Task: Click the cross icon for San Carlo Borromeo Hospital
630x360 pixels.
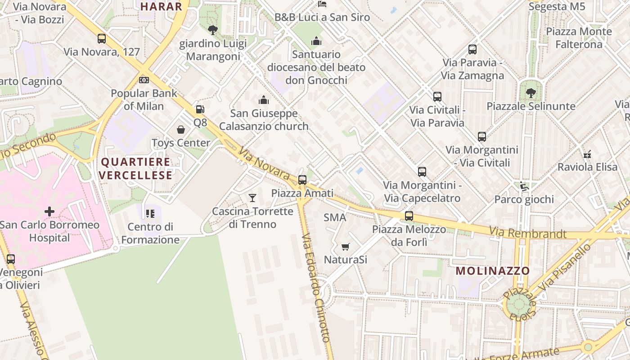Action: click(x=49, y=211)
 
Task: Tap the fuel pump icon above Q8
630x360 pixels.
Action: click(x=199, y=109)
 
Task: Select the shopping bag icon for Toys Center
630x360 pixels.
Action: click(x=181, y=130)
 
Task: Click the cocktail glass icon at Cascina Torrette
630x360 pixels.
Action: click(x=252, y=198)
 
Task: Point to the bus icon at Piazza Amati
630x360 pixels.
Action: click(x=302, y=180)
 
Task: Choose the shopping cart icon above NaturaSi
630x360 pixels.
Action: click(x=346, y=247)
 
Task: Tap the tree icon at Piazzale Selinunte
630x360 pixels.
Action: click(x=531, y=93)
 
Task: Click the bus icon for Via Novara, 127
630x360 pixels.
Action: click(x=102, y=39)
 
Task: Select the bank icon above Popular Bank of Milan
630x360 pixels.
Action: click(x=144, y=80)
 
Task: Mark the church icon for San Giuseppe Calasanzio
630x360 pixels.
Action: click(x=264, y=100)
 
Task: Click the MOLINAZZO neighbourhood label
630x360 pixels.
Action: click(x=493, y=271)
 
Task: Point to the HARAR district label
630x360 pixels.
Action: click(x=161, y=6)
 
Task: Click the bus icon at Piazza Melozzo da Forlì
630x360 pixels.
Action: click(x=409, y=216)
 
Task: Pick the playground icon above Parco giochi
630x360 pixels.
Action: click(x=524, y=186)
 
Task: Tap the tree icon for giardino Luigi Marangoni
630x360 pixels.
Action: click(x=213, y=30)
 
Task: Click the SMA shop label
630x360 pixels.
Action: click(x=335, y=218)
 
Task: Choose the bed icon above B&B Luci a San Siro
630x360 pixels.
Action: click(x=322, y=4)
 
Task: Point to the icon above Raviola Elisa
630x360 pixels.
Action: click(x=587, y=154)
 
